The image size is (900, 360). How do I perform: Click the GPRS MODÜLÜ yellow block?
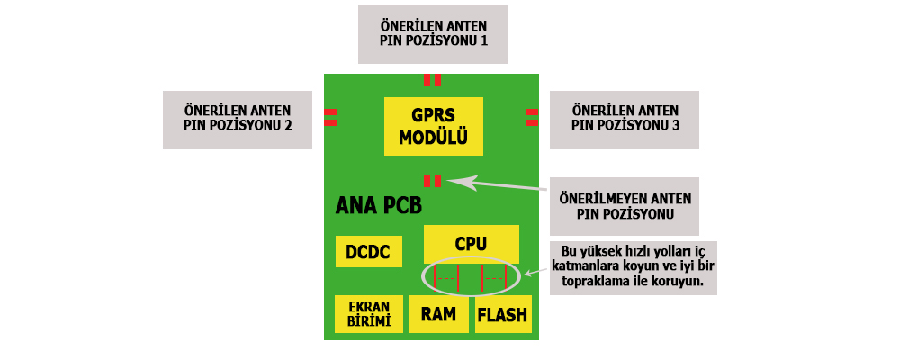tap(433, 127)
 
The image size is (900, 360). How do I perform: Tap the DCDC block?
tap(368, 251)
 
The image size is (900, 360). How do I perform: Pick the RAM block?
tap(438, 314)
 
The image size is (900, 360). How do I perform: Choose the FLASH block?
tap(502, 314)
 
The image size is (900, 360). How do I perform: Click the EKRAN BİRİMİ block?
tap(368, 314)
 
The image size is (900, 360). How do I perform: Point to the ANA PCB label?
tap(378, 206)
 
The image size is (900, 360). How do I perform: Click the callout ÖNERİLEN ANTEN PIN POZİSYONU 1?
tap(431, 35)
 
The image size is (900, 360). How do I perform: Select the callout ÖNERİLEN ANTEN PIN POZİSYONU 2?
tap(237, 119)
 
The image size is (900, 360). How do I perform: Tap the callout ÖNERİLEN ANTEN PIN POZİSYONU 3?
tap(625, 119)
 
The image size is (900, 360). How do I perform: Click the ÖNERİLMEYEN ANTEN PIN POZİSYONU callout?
tap(624, 205)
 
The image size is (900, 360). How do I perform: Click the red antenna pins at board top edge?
tap(432, 79)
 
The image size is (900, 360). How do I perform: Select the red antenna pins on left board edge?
tap(330, 117)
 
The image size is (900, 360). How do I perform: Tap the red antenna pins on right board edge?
tap(532, 117)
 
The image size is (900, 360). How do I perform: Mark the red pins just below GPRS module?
tap(432, 180)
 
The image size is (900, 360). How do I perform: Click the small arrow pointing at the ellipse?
tap(530, 273)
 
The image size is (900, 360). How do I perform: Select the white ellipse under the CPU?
tap(471, 276)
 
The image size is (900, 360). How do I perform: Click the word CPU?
tap(471, 244)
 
